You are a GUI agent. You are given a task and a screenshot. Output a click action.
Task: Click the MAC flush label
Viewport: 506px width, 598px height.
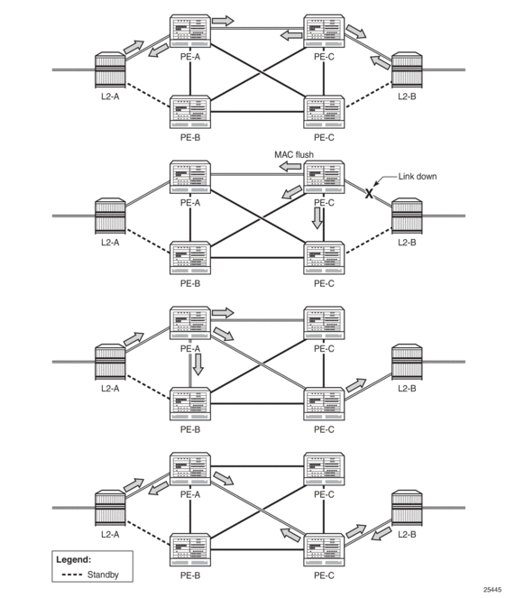[294, 155]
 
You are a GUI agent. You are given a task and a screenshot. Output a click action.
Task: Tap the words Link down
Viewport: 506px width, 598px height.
[418, 177]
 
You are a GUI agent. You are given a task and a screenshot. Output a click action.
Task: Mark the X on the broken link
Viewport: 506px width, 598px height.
[369, 194]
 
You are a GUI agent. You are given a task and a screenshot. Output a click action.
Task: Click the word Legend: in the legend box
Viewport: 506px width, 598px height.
[74, 560]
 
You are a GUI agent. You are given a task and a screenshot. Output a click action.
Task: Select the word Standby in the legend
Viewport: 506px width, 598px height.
[103, 575]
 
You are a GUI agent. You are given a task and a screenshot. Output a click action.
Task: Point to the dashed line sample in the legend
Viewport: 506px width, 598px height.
[71, 575]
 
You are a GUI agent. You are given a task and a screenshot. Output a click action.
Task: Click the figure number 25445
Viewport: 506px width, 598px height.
[492, 590]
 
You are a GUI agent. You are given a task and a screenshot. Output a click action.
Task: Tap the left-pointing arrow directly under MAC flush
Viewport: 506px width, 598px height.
[290, 166]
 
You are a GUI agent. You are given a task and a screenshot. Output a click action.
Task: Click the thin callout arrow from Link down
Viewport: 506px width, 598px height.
[384, 180]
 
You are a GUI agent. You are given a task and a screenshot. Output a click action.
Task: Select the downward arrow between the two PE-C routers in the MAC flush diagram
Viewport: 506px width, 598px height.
[317, 218]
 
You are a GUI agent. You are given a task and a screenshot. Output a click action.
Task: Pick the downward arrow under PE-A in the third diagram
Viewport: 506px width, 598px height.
[198, 364]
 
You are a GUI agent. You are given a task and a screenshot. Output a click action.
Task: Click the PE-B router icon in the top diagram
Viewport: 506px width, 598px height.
[190, 112]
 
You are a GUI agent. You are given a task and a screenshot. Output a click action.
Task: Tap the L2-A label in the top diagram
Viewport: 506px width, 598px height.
[110, 97]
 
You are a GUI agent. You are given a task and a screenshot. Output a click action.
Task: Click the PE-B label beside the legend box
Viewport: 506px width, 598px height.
[190, 575]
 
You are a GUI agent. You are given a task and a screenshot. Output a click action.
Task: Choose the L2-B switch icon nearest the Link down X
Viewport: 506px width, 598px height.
[407, 215]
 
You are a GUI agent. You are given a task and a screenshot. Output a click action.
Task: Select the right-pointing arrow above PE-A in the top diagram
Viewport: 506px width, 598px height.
[223, 21]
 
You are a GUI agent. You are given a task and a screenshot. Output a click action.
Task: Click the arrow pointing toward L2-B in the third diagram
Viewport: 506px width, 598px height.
[356, 385]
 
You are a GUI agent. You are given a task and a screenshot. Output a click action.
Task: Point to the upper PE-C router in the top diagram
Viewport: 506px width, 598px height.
[324, 32]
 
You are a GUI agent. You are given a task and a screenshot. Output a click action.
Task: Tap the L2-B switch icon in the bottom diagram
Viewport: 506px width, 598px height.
[407, 508]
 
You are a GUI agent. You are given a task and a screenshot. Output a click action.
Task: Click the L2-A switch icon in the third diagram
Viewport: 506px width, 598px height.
[110, 362]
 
